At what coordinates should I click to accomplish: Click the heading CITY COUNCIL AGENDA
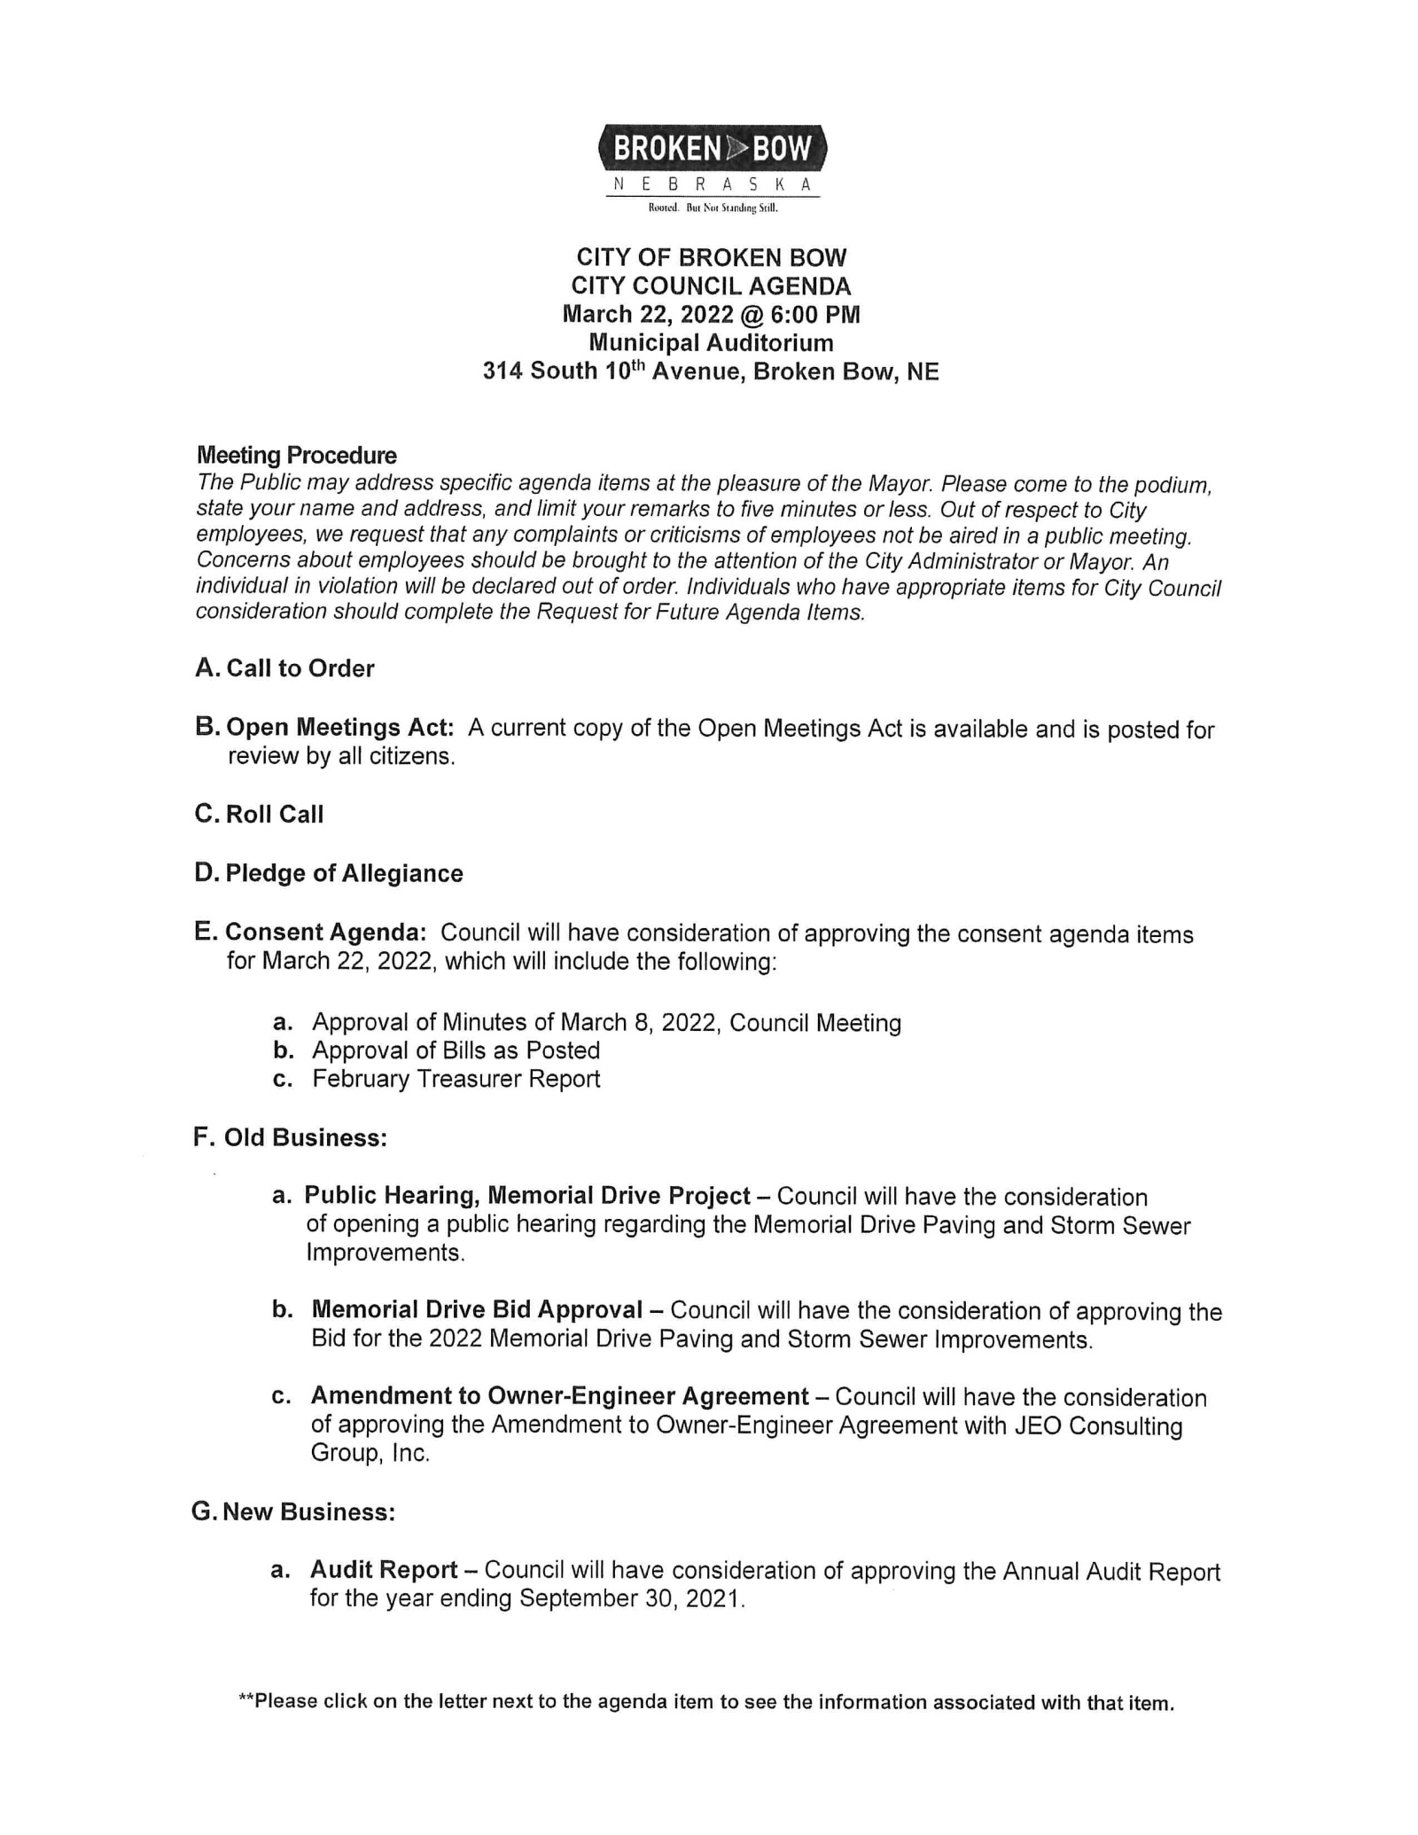pyautogui.click(x=711, y=286)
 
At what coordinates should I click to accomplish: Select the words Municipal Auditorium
pyautogui.click(x=711, y=343)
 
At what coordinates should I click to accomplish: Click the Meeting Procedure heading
pyautogui.click(x=296, y=456)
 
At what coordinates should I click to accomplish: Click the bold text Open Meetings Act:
pyautogui.click(x=339, y=728)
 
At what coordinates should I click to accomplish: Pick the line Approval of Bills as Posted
pyautogui.click(x=456, y=1050)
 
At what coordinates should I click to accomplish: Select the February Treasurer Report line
pyautogui.click(x=456, y=1079)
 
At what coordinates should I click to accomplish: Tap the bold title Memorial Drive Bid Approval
pyautogui.click(x=477, y=1310)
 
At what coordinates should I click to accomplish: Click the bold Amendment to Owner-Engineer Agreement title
pyautogui.click(x=559, y=1396)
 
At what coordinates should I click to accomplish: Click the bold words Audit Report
pyautogui.click(x=383, y=1570)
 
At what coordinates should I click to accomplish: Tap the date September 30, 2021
pyautogui.click(x=627, y=1598)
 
